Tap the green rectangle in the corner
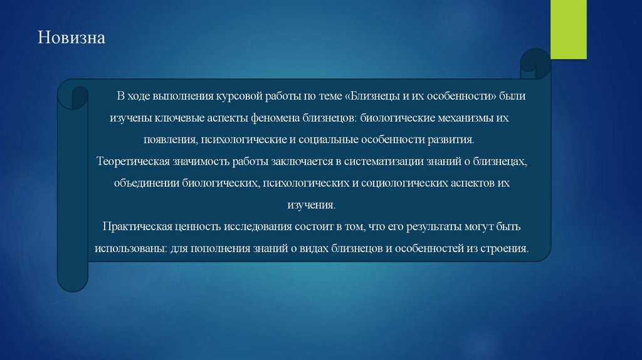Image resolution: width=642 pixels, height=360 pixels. point(569,29)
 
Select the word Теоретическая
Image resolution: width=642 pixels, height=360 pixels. point(130,162)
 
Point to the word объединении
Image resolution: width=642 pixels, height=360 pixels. point(146,183)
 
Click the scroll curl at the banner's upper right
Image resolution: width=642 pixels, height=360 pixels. point(535,61)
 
